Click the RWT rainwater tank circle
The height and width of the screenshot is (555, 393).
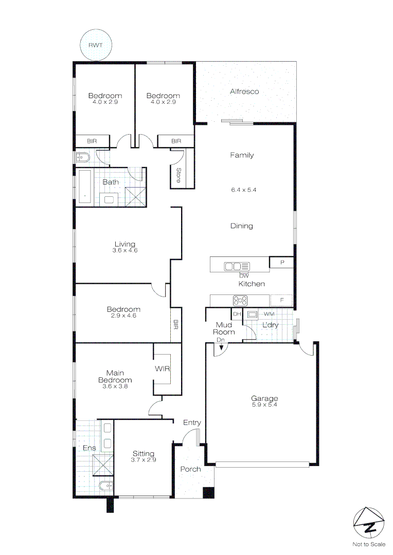[95, 45]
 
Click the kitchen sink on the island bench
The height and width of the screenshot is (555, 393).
[237, 266]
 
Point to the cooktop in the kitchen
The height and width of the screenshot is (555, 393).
[241, 300]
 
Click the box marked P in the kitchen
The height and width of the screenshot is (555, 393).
[282, 263]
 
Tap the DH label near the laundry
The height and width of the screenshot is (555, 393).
[237, 314]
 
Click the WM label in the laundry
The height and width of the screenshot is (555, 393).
[269, 314]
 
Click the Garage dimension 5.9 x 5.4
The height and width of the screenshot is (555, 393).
[264, 405]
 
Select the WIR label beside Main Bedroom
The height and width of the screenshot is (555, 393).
[162, 369]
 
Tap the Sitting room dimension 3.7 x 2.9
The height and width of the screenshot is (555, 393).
[144, 460]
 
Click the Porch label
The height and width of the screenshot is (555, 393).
[190, 469]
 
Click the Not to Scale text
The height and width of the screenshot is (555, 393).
[369, 544]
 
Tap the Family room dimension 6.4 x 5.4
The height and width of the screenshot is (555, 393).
[243, 190]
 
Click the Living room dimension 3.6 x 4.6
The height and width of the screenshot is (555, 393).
[125, 251]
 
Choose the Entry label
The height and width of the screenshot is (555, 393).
[192, 422]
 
